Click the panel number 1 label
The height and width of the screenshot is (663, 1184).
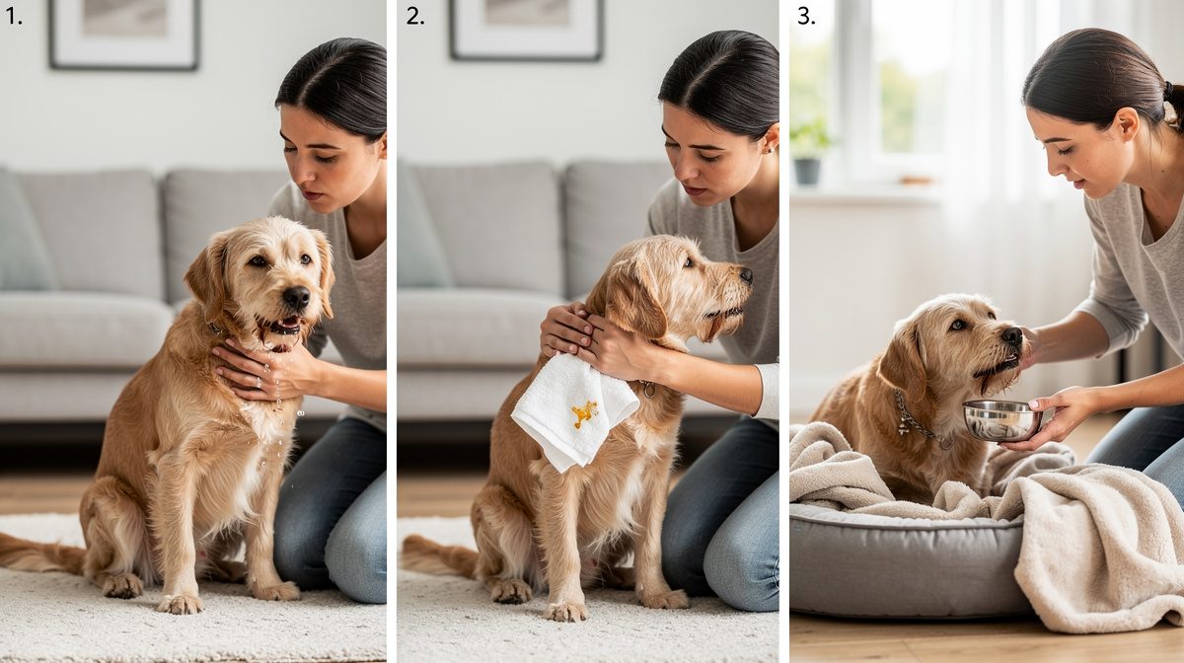coord(13,17)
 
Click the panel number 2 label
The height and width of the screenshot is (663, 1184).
coord(415,17)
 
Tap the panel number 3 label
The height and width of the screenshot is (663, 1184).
coord(806,17)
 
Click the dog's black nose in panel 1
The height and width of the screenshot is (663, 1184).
coord(297,297)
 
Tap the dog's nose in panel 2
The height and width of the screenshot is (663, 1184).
coord(746,275)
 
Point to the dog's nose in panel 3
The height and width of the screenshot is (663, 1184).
coord(1012,336)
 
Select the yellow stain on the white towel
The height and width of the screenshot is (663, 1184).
coord(584,413)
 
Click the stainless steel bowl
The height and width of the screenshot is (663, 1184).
coord(1001,420)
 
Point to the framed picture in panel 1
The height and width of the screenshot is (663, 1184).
coord(124,34)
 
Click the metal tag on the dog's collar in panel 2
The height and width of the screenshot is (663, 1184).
coord(648,389)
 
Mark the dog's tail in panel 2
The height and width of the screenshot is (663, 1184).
coord(440,556)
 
